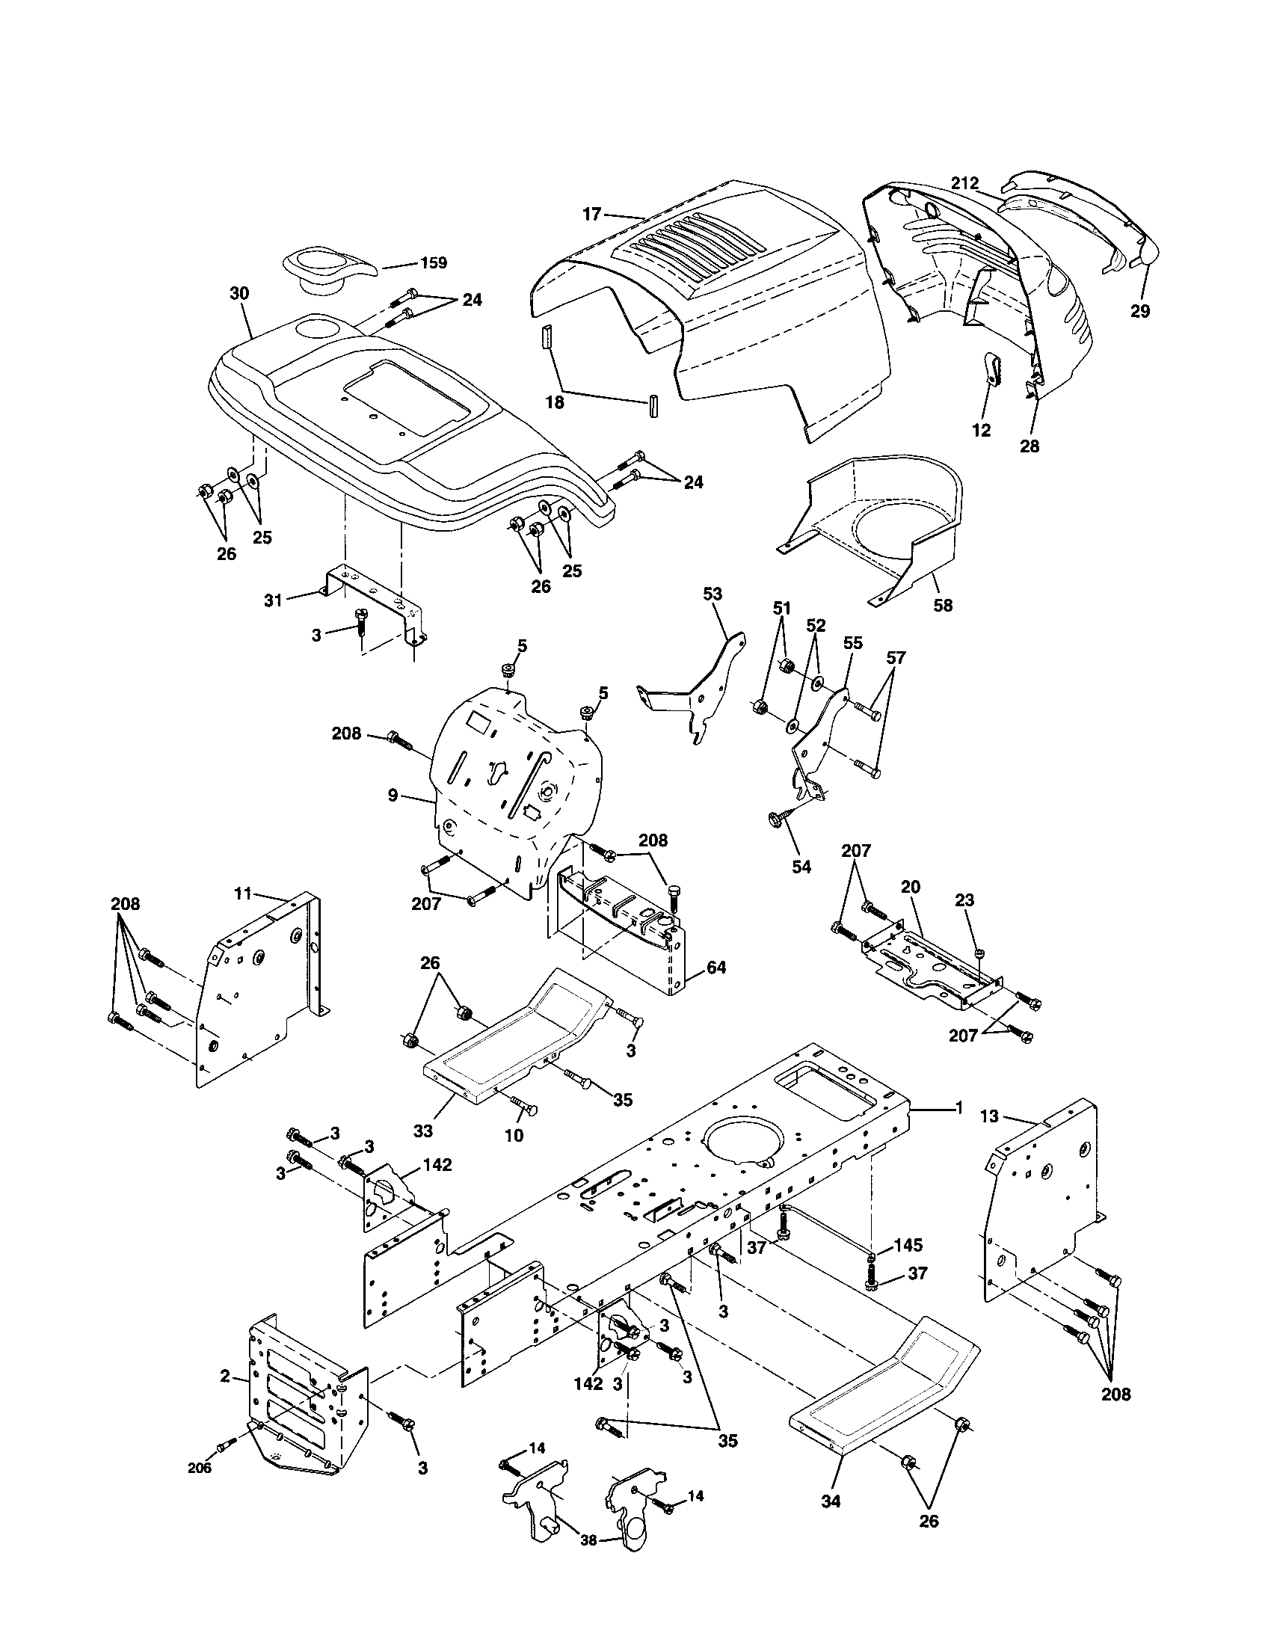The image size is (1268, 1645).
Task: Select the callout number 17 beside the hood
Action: (x=592, y=215)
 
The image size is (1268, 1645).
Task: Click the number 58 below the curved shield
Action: (x=942, y=605)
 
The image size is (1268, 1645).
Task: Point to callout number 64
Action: (x=716, y=967)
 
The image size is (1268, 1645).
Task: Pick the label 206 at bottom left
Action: (x=200, y=1467)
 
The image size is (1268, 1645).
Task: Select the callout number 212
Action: (x=964, y=183)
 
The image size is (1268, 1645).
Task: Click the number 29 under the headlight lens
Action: (x=1140, y=311)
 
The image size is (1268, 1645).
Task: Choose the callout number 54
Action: (x=802, y=867)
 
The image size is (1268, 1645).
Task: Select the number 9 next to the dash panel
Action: (x=393, y=796)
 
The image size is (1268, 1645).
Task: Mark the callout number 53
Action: (x=712, y=594)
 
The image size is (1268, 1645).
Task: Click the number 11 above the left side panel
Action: (x=242, y=894)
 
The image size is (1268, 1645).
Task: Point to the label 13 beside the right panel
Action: (x=989, y=1116)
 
